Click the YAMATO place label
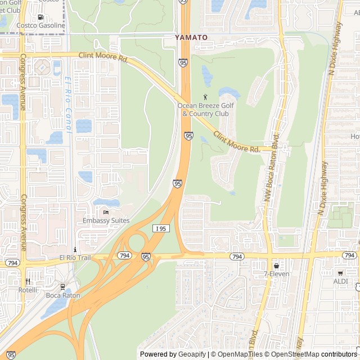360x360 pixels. (191, 37)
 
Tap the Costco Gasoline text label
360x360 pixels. (41, 25)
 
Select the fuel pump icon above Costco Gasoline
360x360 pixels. (41, 17)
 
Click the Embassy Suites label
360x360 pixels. (106, 220)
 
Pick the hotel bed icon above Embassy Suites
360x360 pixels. (106, 212)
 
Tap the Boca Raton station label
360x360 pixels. (63, 295)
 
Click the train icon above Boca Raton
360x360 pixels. (63, 287)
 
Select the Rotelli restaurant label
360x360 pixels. (27, 290)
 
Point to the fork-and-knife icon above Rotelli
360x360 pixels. (27, 281)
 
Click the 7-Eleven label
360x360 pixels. (276, 274)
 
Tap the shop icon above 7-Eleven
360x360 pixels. (276, 265)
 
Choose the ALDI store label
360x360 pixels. (340, 281)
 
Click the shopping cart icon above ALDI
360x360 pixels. (340, 272)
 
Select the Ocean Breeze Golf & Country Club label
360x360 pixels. (205, 109)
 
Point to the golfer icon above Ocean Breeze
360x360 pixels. (205, 97)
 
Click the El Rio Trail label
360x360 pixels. (75, 258)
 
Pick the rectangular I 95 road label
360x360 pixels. (160, 228)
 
